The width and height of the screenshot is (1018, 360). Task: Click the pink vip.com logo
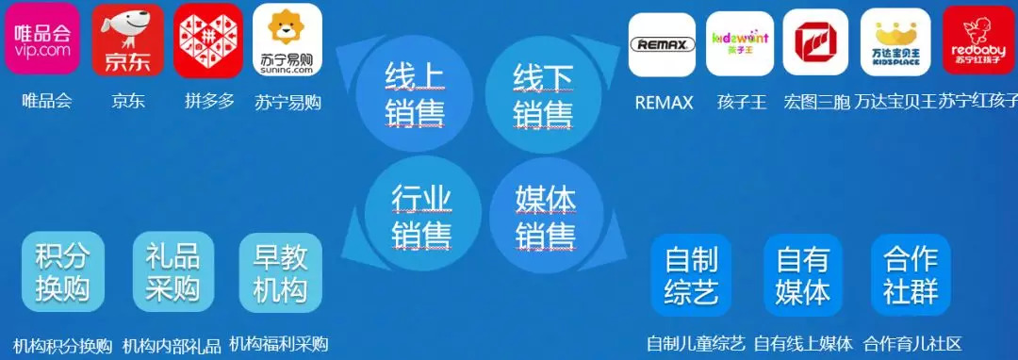42,38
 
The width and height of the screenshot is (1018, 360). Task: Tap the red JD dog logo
128,40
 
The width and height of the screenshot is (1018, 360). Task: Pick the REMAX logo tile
663,44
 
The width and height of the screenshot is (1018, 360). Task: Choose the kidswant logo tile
740,43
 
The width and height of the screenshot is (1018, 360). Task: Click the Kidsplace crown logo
895,41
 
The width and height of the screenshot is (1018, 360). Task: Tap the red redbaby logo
978,41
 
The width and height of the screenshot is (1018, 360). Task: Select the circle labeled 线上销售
414,93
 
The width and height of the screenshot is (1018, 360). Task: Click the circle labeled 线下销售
543,93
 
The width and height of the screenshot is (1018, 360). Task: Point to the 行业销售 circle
422,215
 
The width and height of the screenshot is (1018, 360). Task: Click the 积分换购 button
63,272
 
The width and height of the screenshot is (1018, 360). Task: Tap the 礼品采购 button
172,271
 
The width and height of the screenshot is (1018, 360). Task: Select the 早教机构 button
281,272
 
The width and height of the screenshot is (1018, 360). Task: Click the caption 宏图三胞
816,103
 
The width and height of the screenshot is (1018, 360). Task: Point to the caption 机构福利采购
279,344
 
